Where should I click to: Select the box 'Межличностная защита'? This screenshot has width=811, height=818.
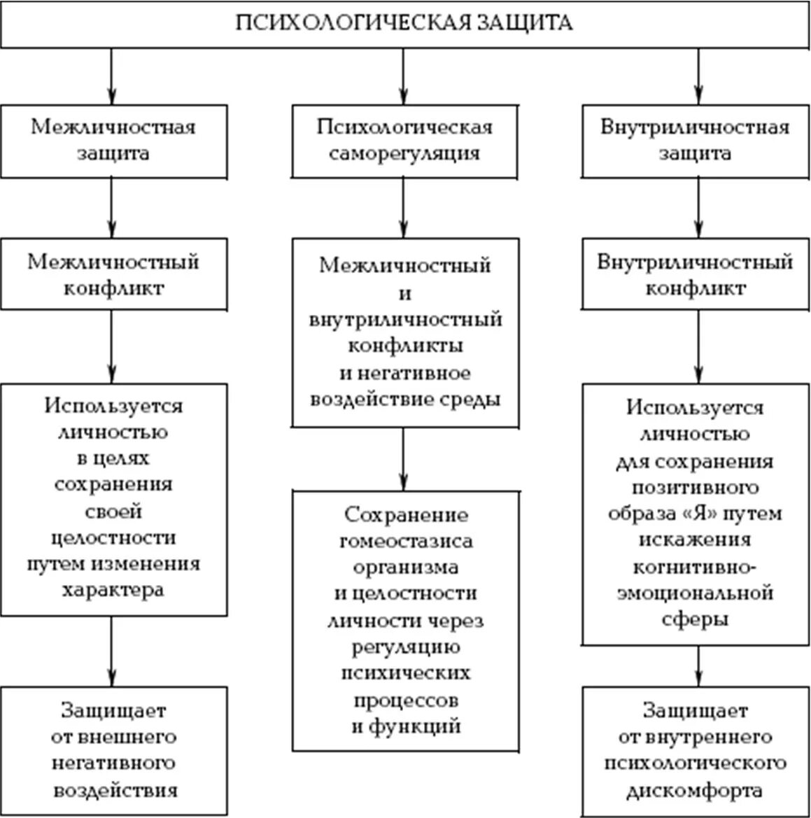(x=113, y=141)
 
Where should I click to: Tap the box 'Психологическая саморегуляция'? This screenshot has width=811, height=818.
(x=404, y=141)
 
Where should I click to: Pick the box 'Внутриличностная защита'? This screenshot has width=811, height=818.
(x=696, y=141)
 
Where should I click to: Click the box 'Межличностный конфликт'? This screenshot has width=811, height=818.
(x=113, y=274)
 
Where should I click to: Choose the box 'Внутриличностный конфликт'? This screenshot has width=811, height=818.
(x=696, y=274)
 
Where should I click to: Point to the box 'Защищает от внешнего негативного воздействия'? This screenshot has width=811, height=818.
(x=113, y=750)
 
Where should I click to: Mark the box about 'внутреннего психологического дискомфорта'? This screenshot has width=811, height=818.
(x=696, y=750)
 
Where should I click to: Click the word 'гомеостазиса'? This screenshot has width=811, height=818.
(x=406, y=541)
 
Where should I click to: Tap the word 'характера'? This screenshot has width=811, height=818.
(x=113, y=590)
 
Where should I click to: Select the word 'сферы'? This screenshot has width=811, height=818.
(x=696, y=619)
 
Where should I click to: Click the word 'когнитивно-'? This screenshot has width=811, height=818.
(x=696, y=566)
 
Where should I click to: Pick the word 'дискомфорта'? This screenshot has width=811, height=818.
(x=696, y=791)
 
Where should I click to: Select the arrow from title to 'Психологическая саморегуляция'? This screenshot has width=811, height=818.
(x=403, y=77)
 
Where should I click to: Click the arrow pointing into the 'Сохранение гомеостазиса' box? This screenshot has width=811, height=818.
(x=403, y=458)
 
